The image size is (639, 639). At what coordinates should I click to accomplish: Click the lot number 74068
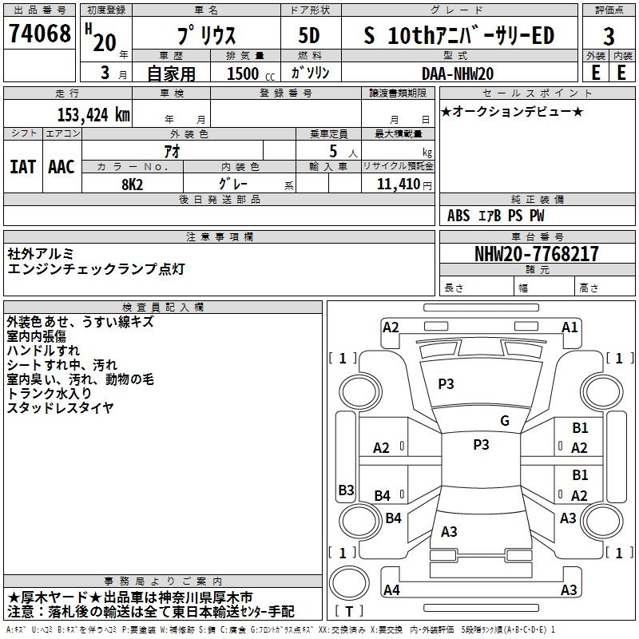click(x=39, y=34)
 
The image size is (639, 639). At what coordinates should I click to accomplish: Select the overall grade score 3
click(x=609, y=37)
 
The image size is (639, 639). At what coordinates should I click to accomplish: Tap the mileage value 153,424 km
click(x=93, y=115)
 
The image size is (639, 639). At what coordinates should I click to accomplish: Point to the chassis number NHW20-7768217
click(x=537, y=254)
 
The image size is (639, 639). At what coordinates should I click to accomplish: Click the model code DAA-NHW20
click(x=458, y=73)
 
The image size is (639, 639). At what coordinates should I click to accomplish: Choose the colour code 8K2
click(x=133, y=185)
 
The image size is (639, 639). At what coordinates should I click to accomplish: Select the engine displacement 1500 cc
click(x=251, y=73)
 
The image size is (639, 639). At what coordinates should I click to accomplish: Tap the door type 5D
click(x=309, y=35)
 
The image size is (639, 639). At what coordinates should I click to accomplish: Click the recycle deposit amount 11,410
click(x=399, y=185)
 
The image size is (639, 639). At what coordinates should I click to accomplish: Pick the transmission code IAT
click(x=23, y=167)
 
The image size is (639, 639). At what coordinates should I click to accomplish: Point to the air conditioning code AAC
click(x=62, y=167)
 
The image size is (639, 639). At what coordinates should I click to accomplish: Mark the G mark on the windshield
click(x=505, y=420)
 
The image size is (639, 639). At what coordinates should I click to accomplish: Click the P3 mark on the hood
click(x=446, y=384)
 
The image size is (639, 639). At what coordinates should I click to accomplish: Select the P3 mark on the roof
click(x=481, y=445)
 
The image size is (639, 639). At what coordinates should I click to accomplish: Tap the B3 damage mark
click(x=347, y=490)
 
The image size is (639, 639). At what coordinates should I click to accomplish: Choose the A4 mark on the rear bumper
click(x=391, y=589)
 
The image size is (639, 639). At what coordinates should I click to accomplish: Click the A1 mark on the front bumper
click(x=570, y=327)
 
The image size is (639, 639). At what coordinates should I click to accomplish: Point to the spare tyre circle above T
click(x=349, y=583)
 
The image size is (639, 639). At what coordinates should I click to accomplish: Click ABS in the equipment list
click(x=458, y=216)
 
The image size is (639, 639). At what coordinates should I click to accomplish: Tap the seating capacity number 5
click(x=333, y=151)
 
